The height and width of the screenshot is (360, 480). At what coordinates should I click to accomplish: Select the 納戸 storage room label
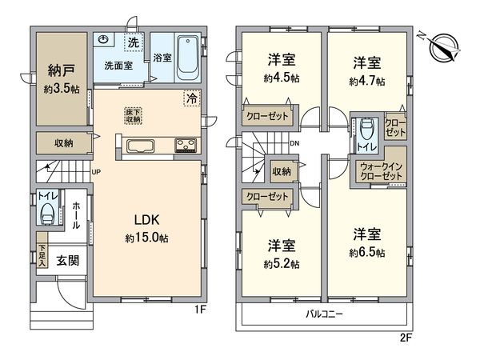62,70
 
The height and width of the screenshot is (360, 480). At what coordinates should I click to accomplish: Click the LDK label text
147,220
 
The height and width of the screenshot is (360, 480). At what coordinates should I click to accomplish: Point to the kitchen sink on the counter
140,146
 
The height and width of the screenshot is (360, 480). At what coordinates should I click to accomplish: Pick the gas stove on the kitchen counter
186,146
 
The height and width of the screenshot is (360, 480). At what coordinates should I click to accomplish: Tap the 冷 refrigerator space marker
192,98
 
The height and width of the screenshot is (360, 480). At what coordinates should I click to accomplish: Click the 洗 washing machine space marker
134,42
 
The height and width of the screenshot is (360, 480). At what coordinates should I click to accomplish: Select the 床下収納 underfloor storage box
134,116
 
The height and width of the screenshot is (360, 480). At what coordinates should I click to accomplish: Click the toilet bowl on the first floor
47,213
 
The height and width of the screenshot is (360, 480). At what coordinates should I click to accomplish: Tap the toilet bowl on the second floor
366,130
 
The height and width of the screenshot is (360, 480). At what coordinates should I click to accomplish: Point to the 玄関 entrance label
68,261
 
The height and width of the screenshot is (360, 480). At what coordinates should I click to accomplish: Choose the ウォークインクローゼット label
381,171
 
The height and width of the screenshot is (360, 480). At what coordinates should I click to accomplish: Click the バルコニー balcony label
325,314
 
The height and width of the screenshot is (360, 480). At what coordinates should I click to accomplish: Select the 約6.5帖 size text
367,253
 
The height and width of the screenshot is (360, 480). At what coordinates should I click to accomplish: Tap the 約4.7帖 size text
367,82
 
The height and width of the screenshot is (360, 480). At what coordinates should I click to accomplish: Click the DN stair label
294,143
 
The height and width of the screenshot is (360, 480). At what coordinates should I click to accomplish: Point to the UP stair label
96,172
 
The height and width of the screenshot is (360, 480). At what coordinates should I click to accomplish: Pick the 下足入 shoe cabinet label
42,254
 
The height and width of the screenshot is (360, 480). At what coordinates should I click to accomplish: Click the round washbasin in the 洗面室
103,40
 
